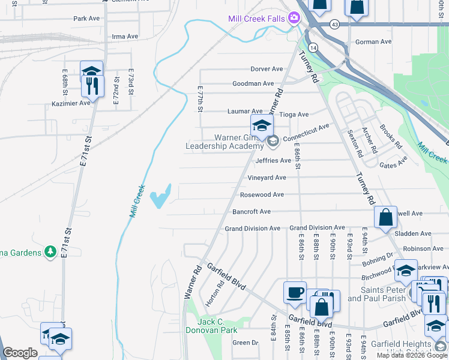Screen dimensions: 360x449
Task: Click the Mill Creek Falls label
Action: point(256,19)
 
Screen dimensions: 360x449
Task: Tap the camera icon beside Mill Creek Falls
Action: point(294,18)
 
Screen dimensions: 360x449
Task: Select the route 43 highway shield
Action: point(334,24)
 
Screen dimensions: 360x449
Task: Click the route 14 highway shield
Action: point(313,46)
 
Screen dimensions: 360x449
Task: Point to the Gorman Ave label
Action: point(373,42)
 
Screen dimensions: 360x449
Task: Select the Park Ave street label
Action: point(86,19)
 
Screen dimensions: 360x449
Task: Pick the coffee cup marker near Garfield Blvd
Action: point(295,292)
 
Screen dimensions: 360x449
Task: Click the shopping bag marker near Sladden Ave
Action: point(385,217)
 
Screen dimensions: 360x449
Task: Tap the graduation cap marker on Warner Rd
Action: point(262,125)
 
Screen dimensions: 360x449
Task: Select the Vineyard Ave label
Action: point(267,178)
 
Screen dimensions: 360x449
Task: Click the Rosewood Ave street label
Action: point(262,195)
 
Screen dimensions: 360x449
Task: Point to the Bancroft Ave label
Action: point(252,212)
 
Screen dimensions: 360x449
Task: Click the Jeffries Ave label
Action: point(273,161)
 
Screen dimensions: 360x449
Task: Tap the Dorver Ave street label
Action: point(267,69)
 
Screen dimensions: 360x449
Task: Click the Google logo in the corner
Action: point(20,353)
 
